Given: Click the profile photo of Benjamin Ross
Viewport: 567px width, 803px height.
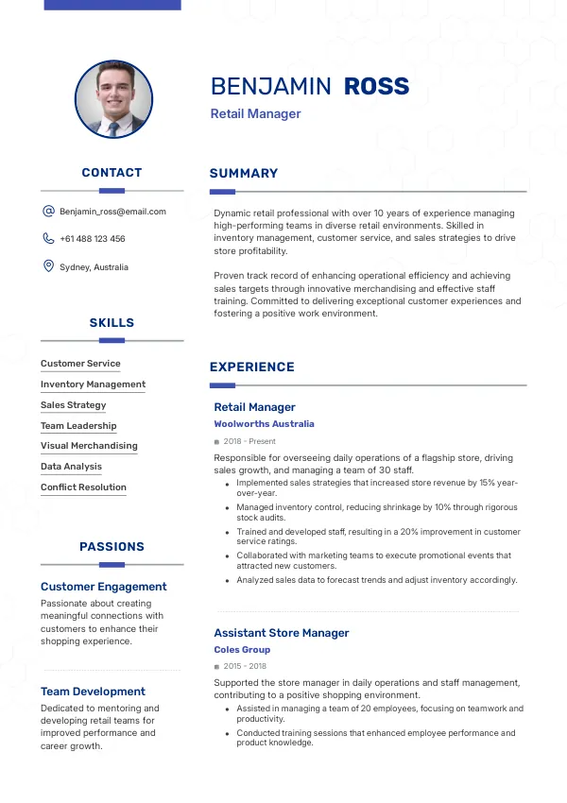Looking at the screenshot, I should click(112, 100).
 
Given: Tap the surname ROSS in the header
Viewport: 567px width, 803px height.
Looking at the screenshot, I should click(376, 87).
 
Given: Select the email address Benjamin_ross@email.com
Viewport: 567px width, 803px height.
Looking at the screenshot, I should click(112, 212).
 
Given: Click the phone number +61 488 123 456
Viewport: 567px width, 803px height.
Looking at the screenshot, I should click(93, 239).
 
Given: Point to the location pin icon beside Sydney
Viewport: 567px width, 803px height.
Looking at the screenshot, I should click(48, 266).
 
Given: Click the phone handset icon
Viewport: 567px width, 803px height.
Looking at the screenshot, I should click(48, 239).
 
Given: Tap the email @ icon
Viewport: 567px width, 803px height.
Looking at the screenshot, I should click(48, 212).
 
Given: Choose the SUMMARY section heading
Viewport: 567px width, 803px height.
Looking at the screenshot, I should click(244, 174).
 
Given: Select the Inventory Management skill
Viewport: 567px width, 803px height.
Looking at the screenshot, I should click(93, 384).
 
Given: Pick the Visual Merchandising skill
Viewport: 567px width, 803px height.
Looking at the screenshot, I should click(89, 446).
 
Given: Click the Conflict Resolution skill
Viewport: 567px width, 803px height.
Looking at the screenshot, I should click(83, 487).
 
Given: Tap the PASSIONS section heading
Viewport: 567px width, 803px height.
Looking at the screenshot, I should click(112, 547).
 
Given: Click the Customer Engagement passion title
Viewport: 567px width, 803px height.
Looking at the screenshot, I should click(104, 587).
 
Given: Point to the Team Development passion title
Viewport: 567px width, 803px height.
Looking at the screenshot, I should click(93, 692).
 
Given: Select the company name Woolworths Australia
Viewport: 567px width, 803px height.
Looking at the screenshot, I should click(264, 424).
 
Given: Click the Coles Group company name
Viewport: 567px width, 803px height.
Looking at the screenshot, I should click(242, 650).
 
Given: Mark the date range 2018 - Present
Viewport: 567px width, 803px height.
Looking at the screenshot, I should click(249, 441).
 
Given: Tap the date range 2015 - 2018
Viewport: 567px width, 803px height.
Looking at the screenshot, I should click(245, 666).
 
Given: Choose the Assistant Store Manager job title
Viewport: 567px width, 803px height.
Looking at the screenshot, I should click(282, 633).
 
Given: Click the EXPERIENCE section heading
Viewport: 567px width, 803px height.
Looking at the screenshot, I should click(252, 367).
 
